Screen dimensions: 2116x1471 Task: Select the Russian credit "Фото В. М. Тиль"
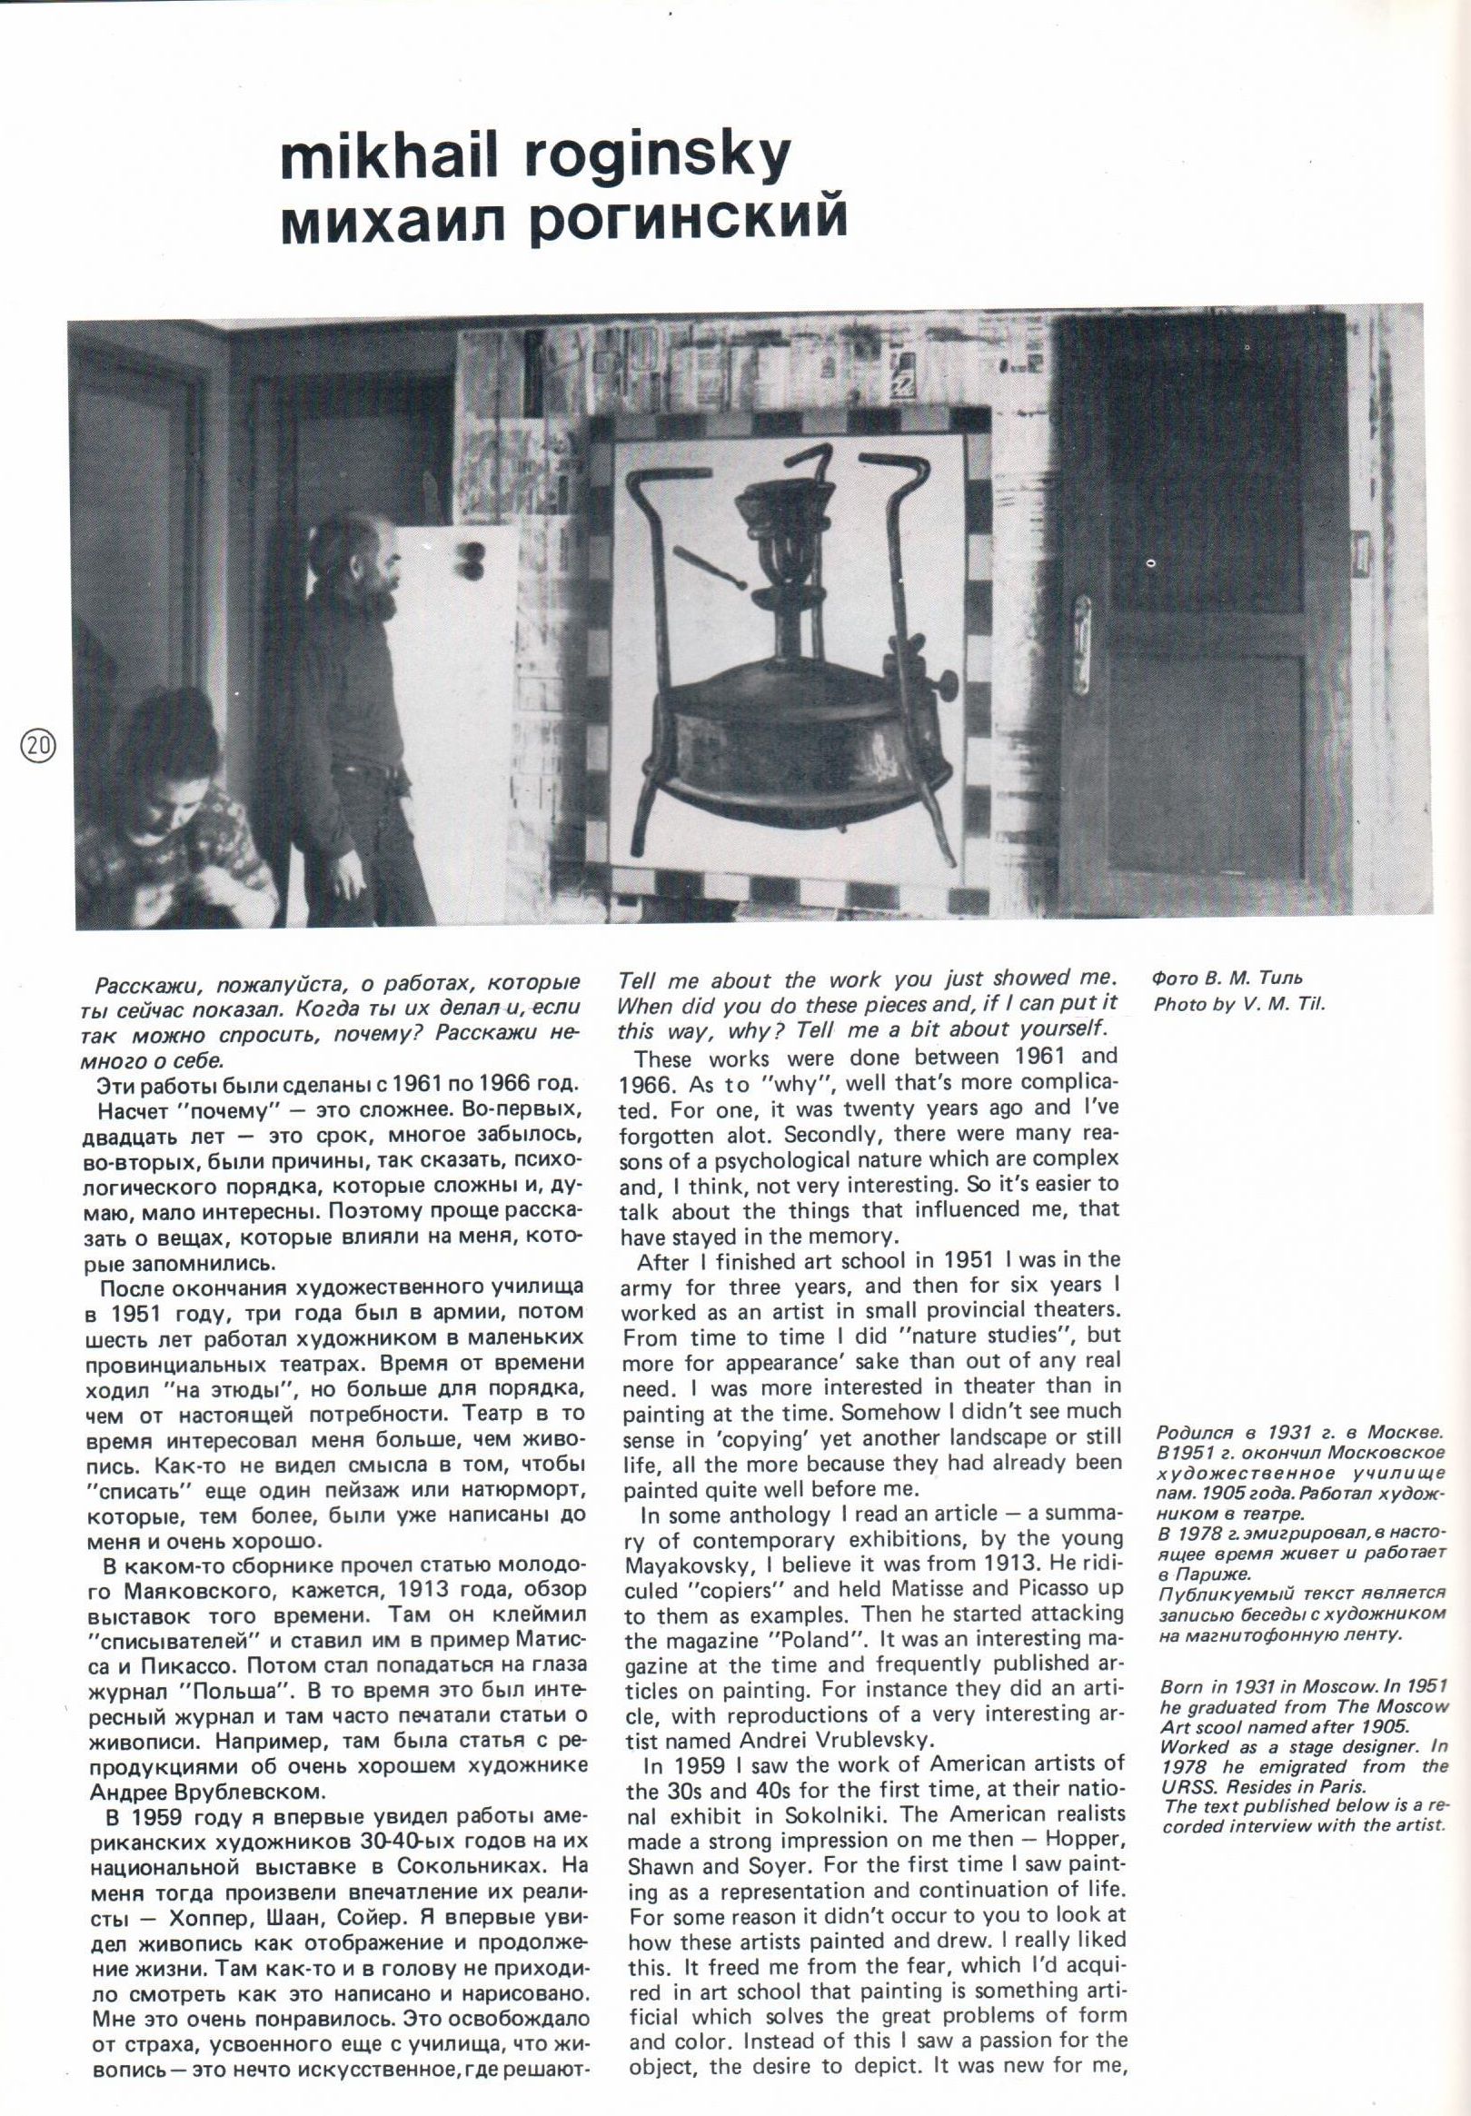[1227, 978]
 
